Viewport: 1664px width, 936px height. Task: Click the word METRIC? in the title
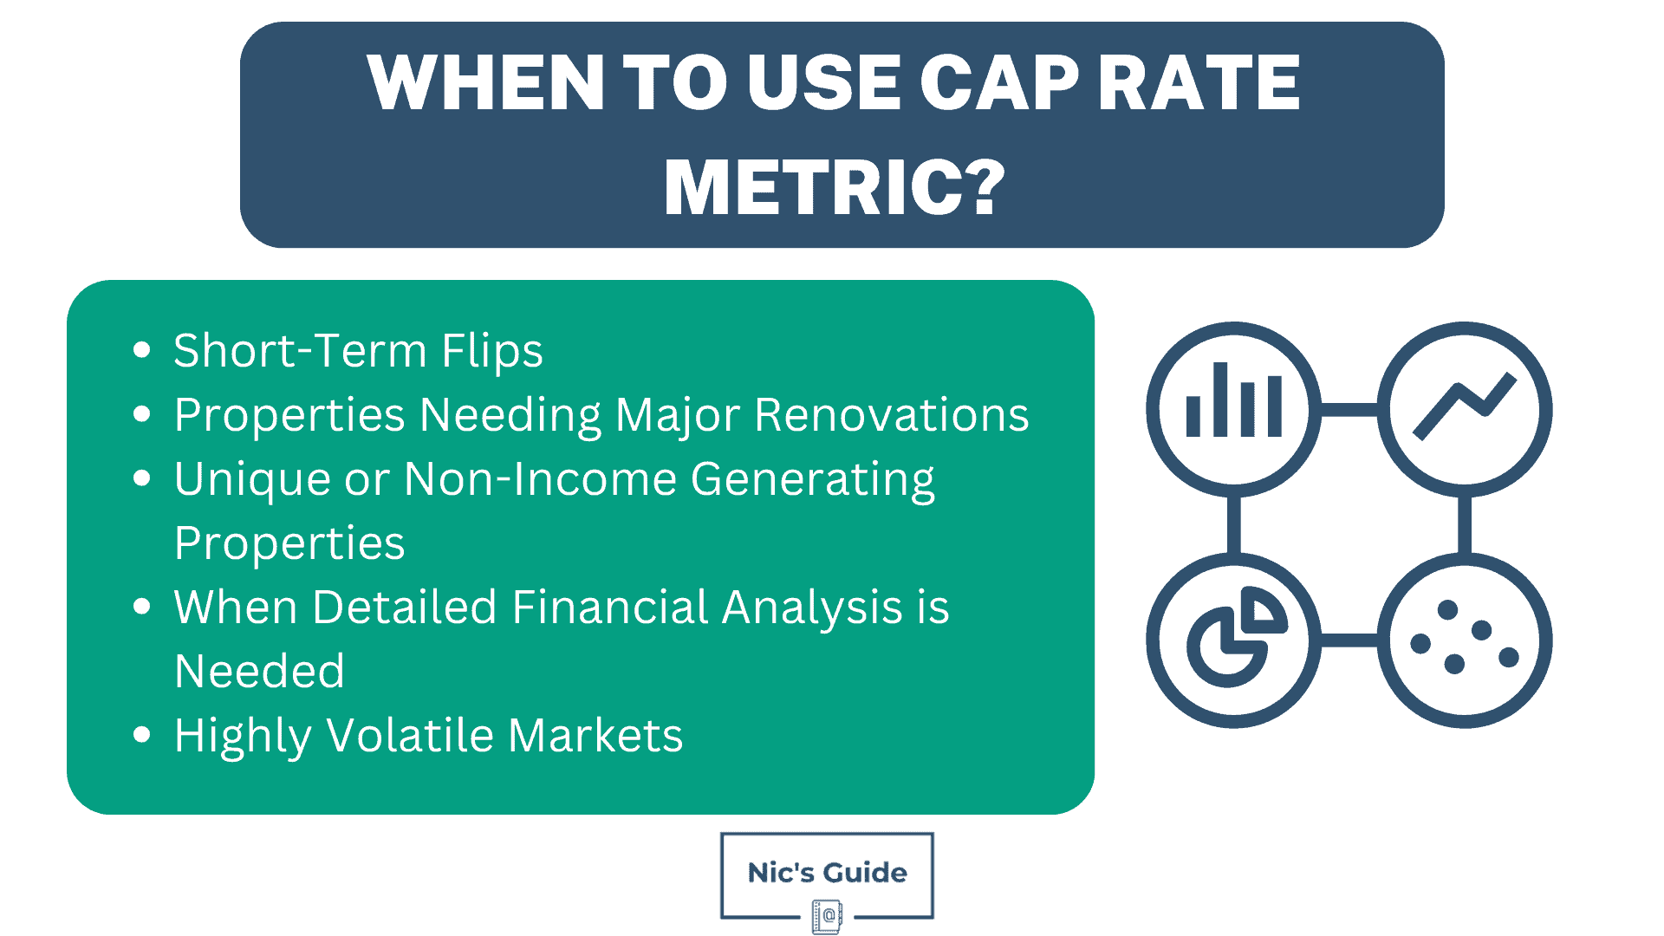tap(834, 187)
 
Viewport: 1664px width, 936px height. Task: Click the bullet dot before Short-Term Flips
tap(142, 350)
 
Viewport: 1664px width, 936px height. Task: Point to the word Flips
tap(491, 351)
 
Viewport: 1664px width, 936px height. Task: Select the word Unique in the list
tap(251, 479)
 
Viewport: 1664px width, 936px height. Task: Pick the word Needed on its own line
tap(259, 672)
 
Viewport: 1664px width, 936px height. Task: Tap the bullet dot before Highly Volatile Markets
tap(142, 735)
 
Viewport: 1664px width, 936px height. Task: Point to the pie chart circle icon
tap(1233, 640)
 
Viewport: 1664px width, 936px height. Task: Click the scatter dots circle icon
tap(1465, 640)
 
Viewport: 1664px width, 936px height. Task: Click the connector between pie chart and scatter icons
tap(1349, 640)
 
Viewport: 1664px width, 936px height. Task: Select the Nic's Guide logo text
tap(827, 873)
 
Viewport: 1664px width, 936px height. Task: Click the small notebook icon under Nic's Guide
tap(827, 916)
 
